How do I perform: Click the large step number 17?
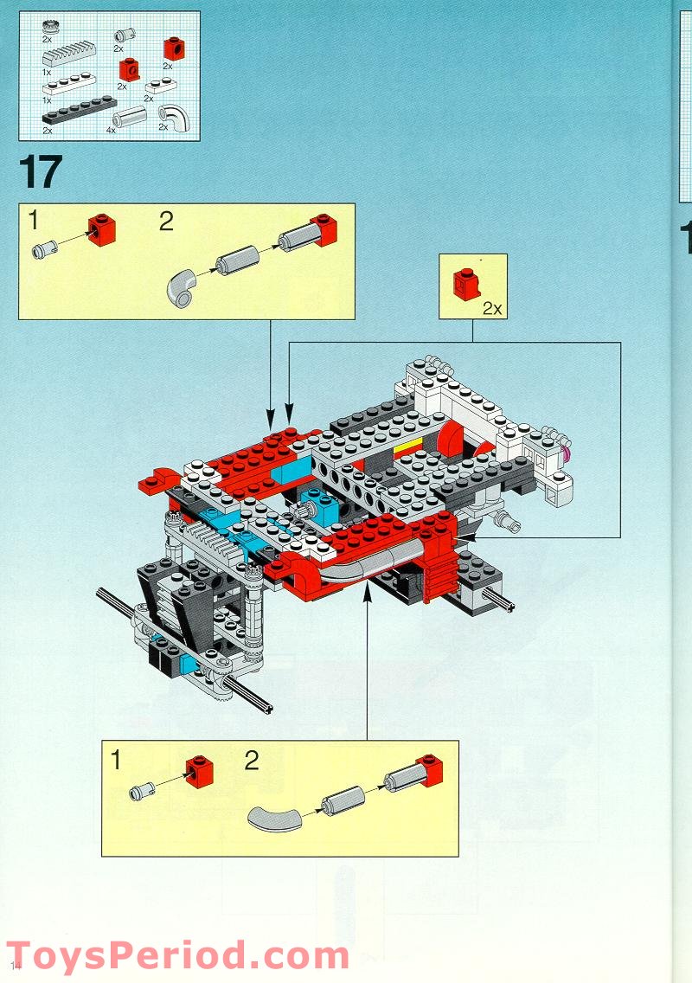coord(40,172)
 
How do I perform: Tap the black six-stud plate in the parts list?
coord(78,110)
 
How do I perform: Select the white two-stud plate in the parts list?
coord(159,86)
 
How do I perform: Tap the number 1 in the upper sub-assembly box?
coord(33,222)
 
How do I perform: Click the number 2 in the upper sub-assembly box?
coord(166,222)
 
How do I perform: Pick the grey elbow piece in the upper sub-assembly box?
coord(183,287)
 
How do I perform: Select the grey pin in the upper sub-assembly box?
coord(42,250)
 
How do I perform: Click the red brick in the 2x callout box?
coord(467,282)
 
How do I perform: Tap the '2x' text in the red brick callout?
coord(492,307)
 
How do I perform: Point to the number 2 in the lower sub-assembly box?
coord(251,761)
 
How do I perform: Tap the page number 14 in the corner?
coord(15,964)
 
